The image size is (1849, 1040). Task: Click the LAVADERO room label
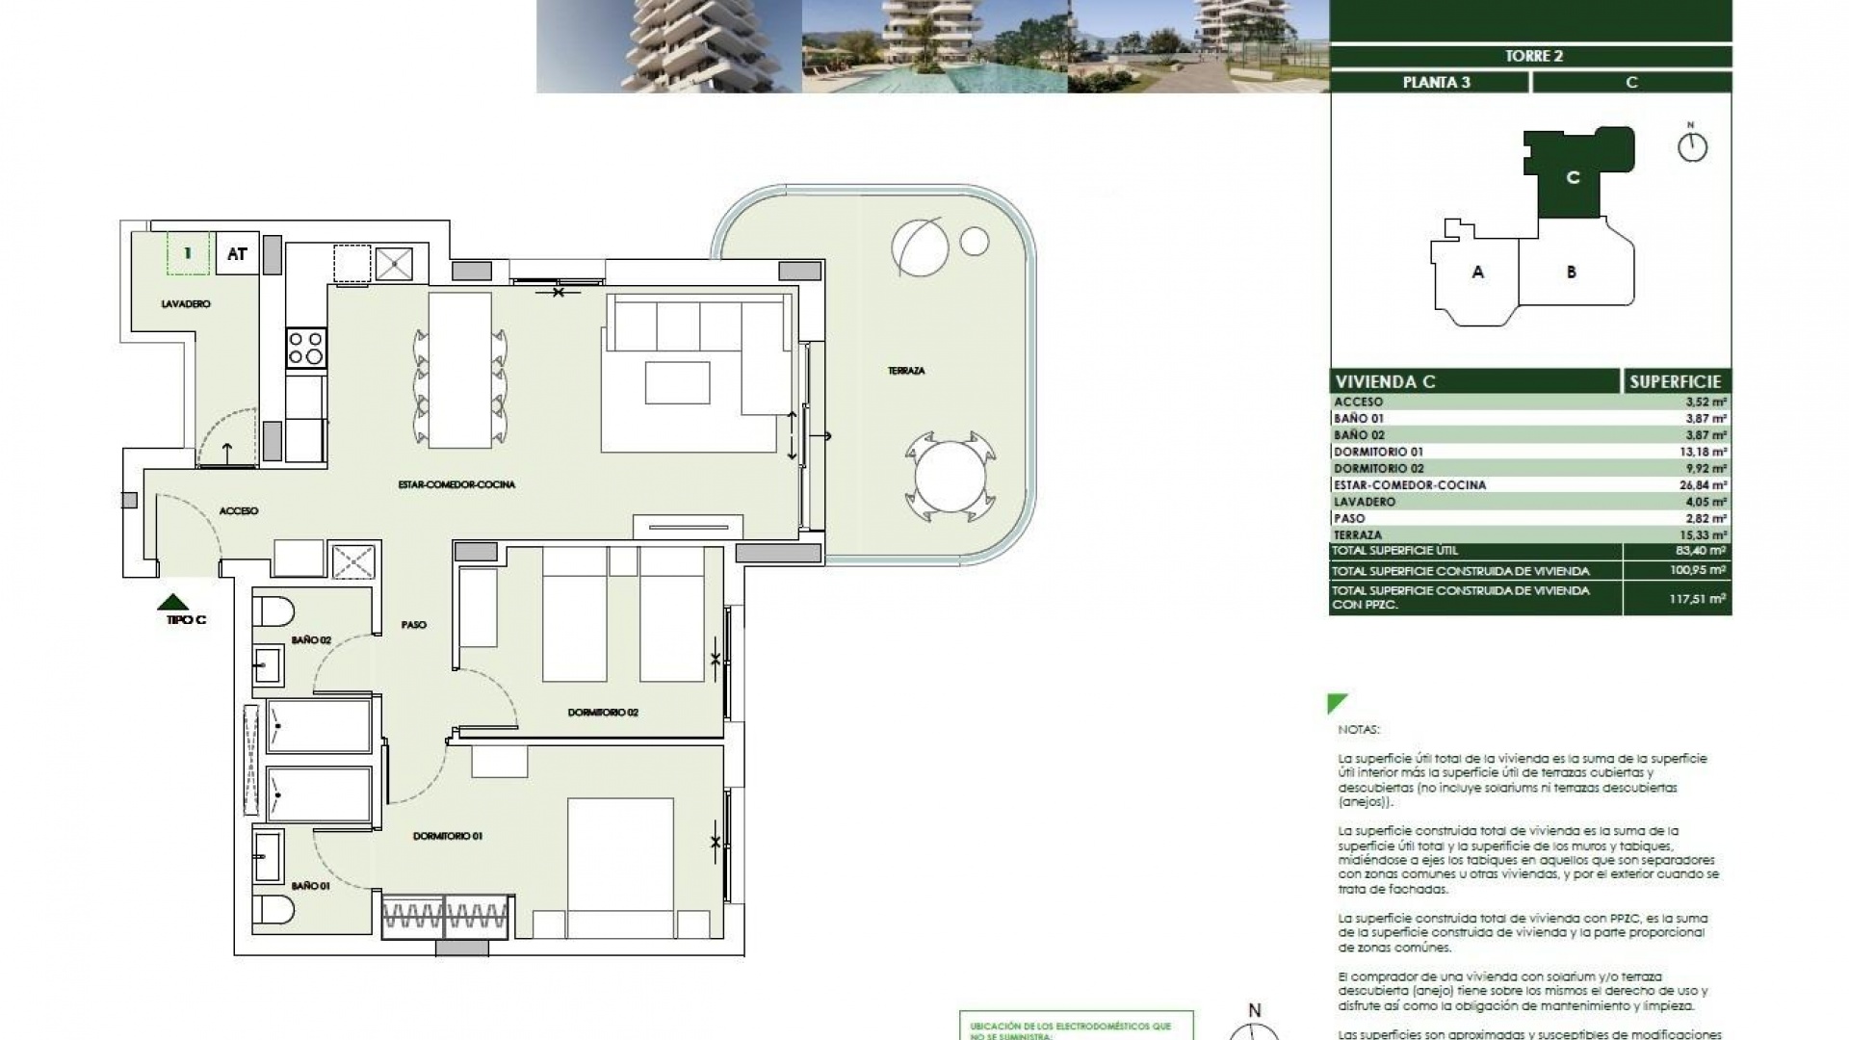coord(185,304)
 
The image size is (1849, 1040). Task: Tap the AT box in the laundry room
coord(237,254)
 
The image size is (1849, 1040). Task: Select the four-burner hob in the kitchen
coord(306,348)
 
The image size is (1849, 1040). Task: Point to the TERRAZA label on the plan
coord(905,371)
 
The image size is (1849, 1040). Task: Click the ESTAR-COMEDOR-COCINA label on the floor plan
coord(456,484)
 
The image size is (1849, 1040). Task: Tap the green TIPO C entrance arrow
coord(173,603)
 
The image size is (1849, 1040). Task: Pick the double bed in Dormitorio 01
coord(620,867)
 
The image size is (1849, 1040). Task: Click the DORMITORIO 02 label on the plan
coord(603,713)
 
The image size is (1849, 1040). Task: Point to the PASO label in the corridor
coord(413,625)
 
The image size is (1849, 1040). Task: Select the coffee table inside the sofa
coord(677,382)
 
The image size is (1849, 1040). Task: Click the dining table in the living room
coord(459,371)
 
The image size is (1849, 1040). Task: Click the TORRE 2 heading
coord(1533,56)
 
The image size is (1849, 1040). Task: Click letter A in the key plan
coord(1477,273)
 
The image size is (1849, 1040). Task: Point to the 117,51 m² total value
coord(1697,598)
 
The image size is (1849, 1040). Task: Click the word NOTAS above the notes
coord(1358,730)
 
